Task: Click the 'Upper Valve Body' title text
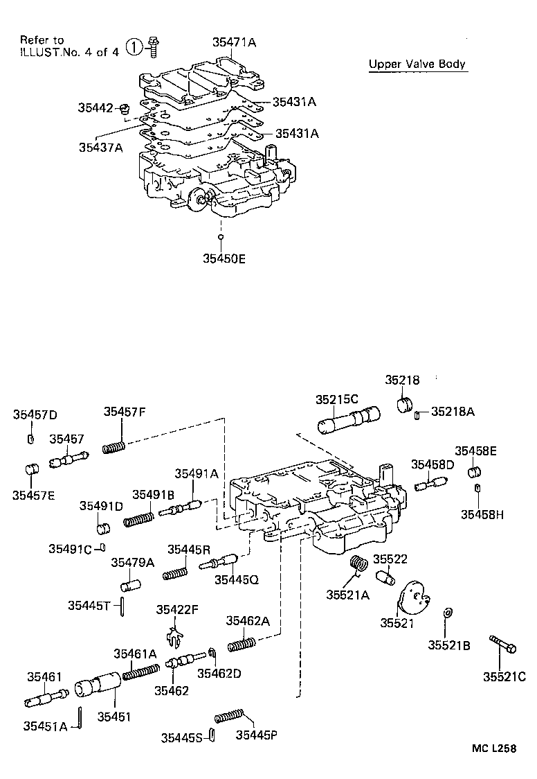point(417,64)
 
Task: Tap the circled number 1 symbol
point(134,48)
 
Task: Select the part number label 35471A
point(234,42)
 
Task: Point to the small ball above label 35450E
point(221,237)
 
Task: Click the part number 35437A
point(100,146)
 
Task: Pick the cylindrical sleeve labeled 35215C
point(349,420)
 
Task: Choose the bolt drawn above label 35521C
point(502,644)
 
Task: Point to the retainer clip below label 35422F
point(176,633)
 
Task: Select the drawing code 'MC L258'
point(494,749)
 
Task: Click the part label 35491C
point(70,549)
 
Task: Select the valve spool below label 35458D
point(430,484)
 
